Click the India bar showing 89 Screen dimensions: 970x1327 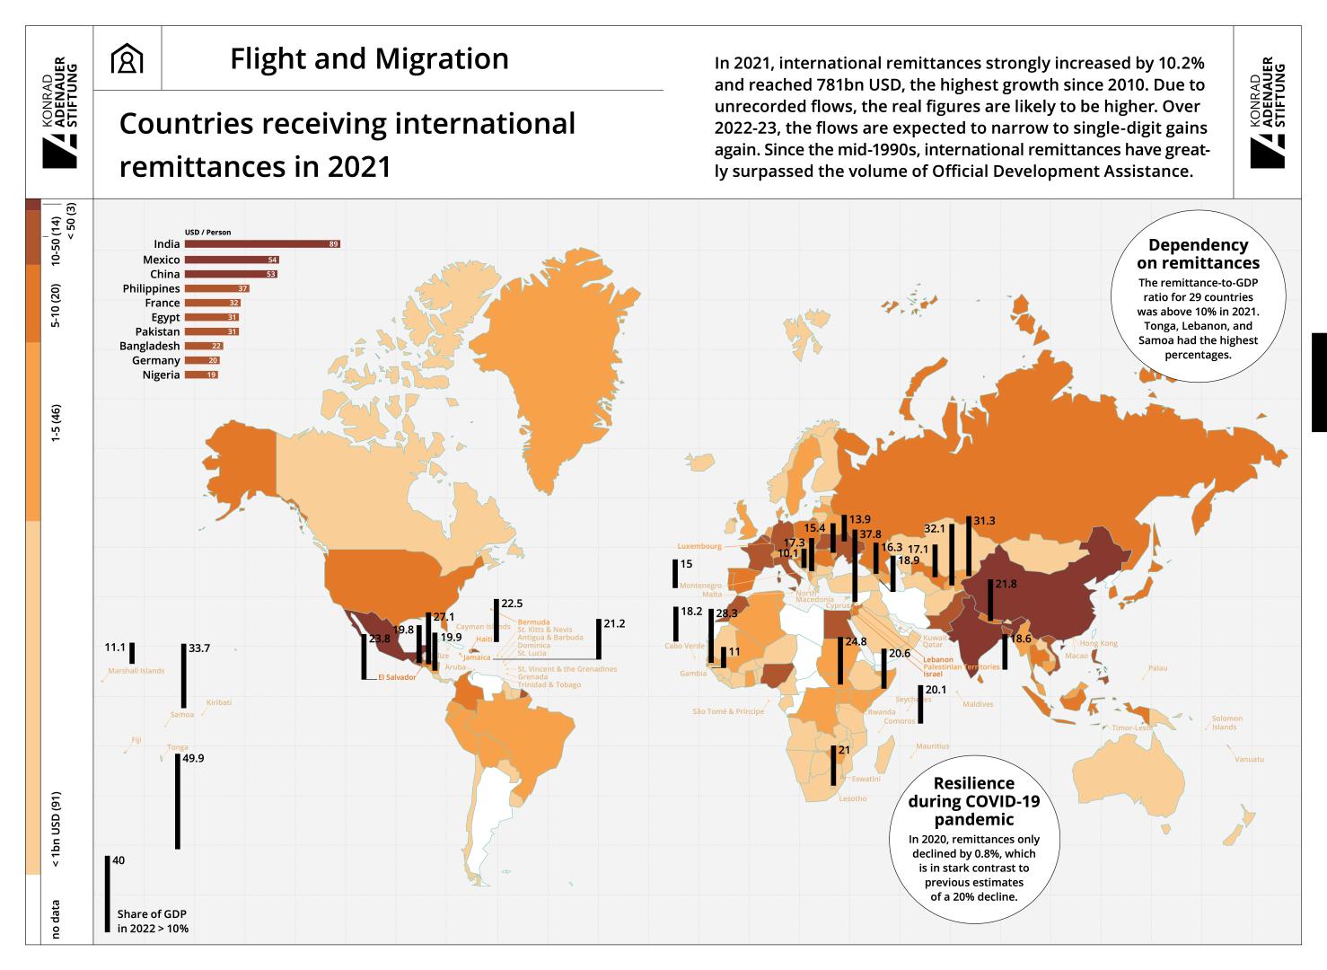(261, 244)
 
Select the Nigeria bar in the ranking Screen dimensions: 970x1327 (200, 375)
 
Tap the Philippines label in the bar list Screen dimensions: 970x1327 (151, 288)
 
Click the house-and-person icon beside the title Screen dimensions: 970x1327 (127, 59)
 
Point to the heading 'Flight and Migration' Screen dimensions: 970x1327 (369, 59)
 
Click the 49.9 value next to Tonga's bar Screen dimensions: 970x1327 (193, 758)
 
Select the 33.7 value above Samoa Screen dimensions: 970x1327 (198, 648)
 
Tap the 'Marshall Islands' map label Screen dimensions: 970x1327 (136, 671)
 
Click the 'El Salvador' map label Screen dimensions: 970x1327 (397, 677)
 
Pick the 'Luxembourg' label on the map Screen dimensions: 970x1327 (699, 546)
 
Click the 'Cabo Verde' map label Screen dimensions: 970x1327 (684, 646)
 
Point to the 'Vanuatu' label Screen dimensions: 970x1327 (1249, 760)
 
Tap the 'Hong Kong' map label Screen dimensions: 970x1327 (1099, 643)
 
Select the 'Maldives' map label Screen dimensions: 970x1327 (978, 704)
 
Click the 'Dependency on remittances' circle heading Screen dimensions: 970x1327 (1198, 254)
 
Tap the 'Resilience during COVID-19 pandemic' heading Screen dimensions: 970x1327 (973, 801)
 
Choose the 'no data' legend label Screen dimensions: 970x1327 (57, 919)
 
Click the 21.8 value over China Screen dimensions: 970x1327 (1006, 584)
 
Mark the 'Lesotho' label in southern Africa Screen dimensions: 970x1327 (852, 798)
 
